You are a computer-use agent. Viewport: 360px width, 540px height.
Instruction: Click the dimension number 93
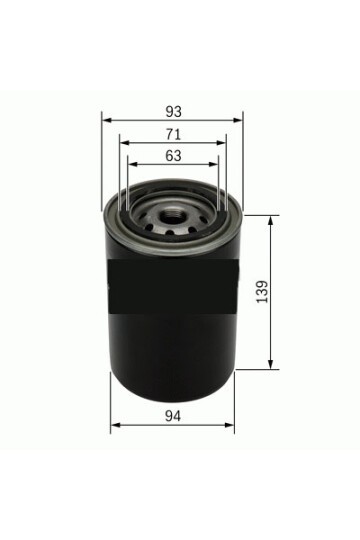(x=173, y=112)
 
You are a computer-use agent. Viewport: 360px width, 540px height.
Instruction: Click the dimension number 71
(x=173, y=134)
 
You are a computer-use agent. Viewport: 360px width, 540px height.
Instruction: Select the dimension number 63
(x=173, y=156)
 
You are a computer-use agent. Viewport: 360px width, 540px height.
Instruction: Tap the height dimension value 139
(x=263, y=292)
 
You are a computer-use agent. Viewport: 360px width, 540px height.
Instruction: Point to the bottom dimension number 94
(x=173, y=416)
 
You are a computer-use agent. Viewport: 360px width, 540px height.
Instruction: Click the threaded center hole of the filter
(x=173, y=217)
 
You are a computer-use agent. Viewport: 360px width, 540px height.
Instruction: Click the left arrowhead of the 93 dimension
(x=107, y=120)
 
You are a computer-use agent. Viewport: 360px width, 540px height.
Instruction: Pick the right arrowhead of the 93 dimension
(x=238, y=120)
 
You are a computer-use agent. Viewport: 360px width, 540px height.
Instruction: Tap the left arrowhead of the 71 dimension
(x=124, y=143)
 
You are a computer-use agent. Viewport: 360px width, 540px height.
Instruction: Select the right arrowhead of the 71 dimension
(x=221, y=143)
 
